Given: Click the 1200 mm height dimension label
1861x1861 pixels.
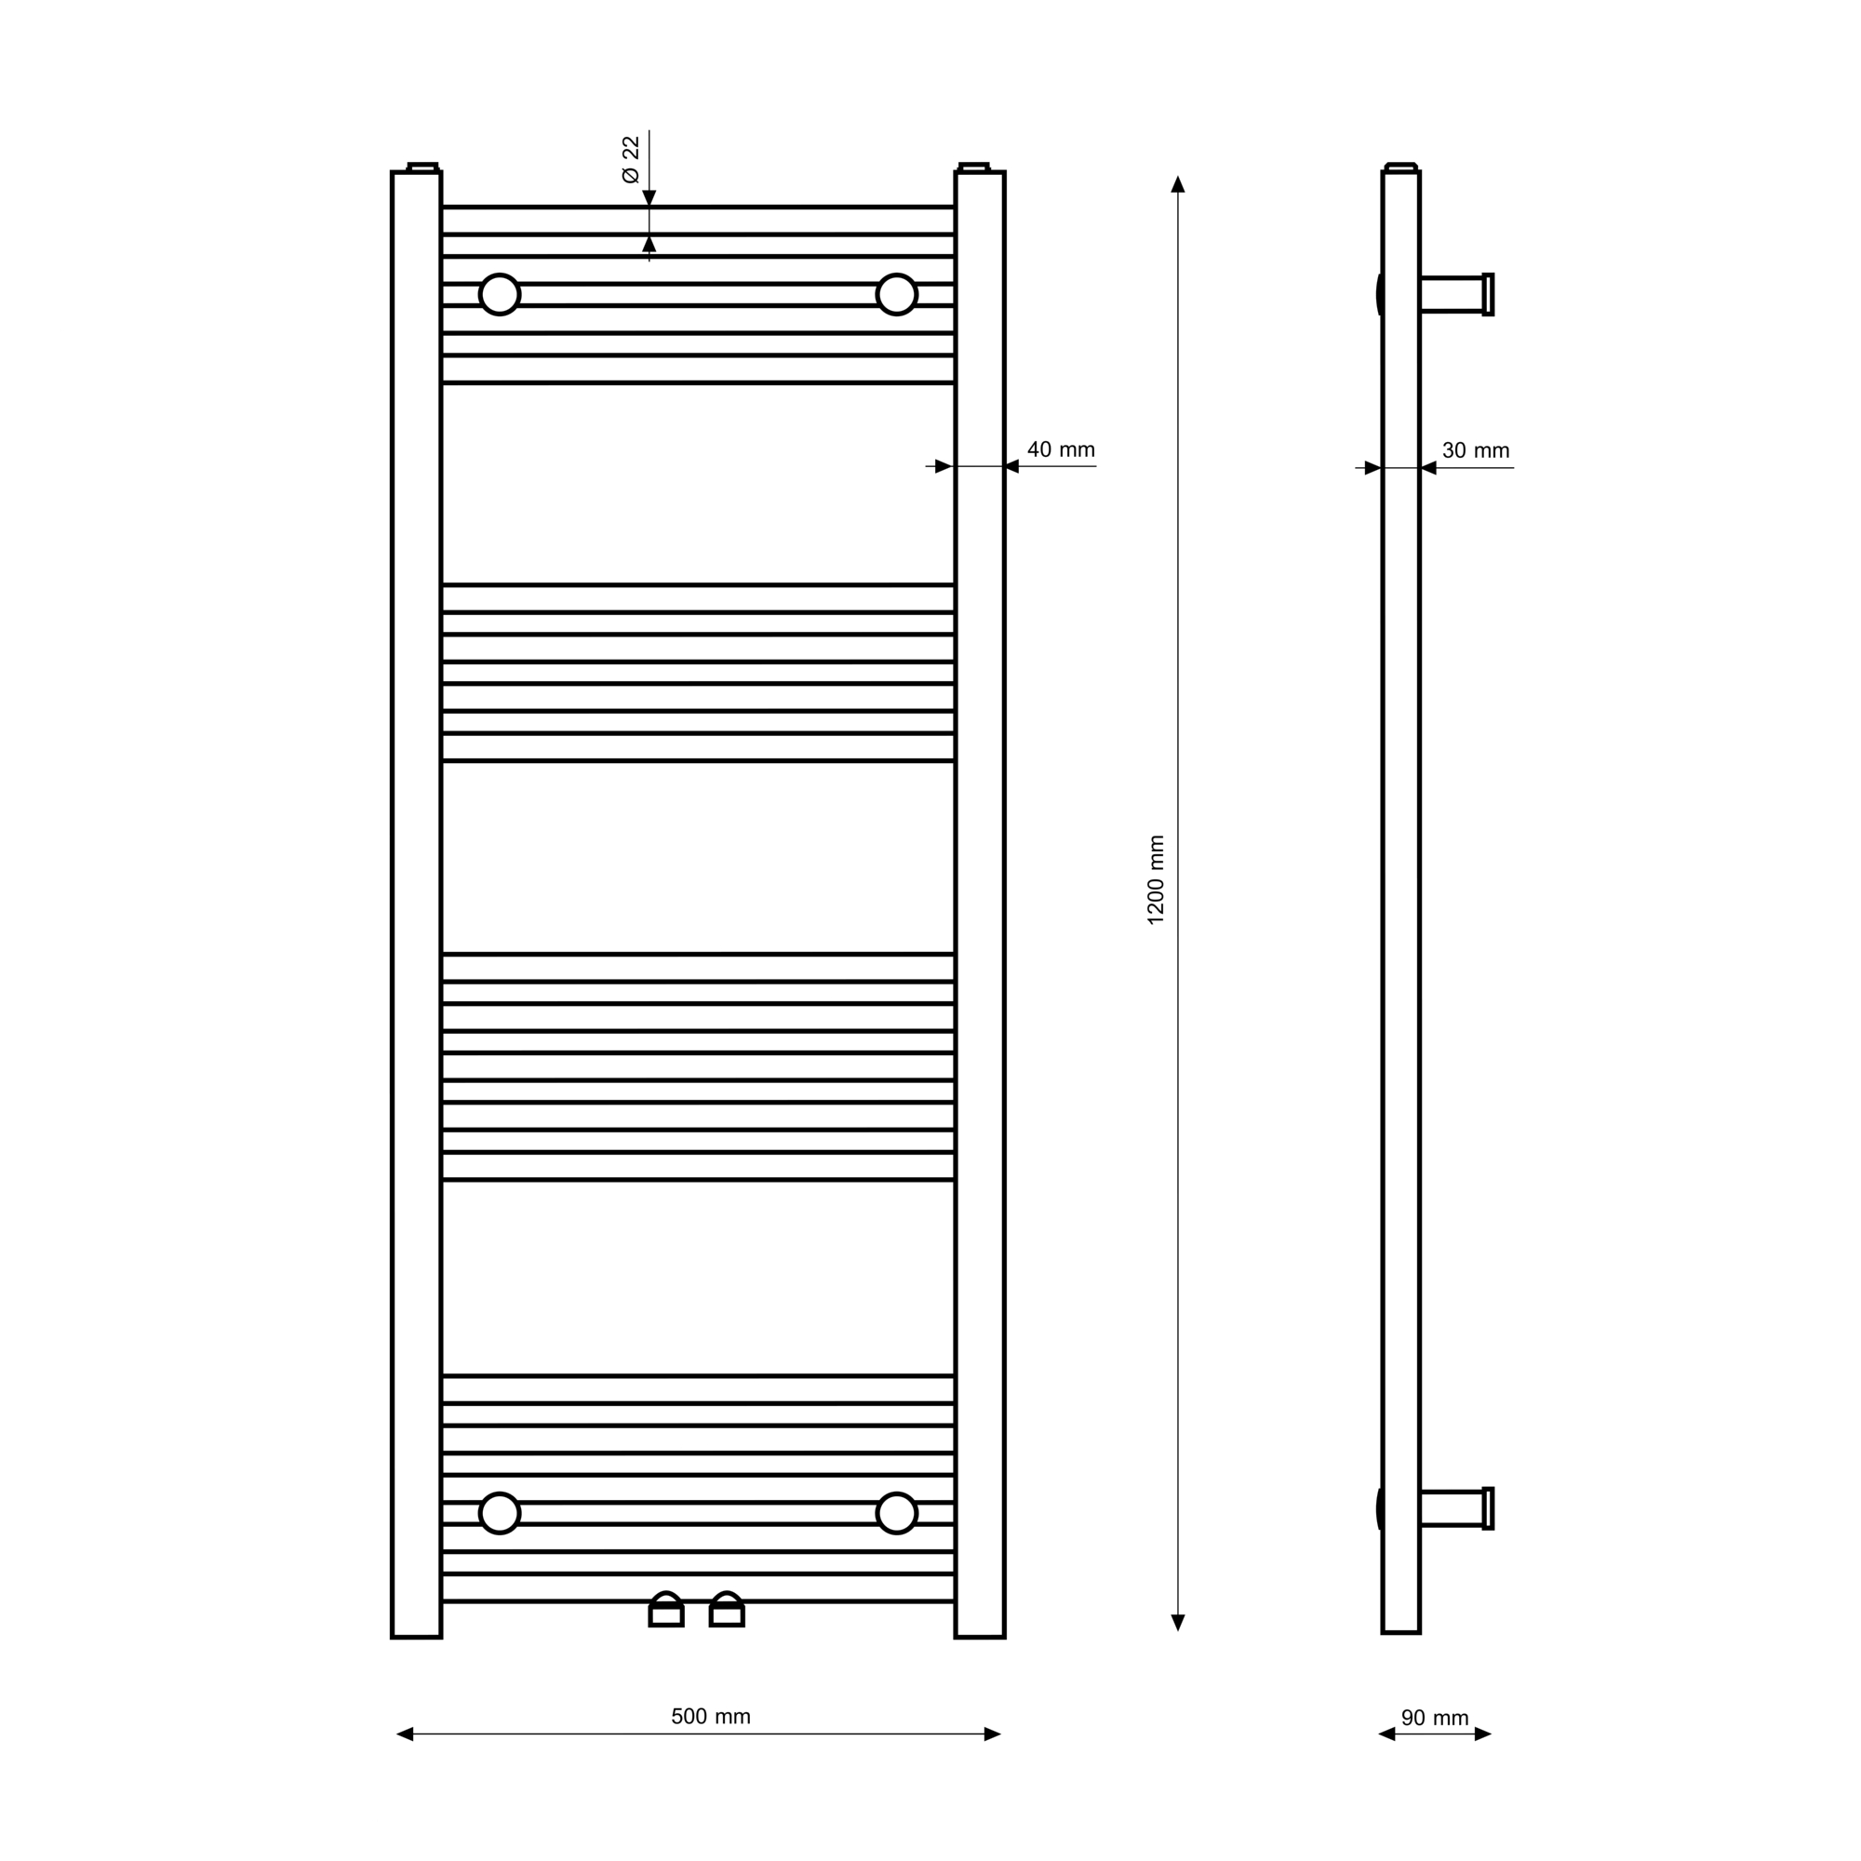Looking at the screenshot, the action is [1156, 879].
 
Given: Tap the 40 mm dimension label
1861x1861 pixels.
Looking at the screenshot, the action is [1061, 449].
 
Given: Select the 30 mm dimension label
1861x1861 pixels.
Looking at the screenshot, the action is [1476, 449].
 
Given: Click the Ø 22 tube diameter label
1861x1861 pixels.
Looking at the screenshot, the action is [631, 159].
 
